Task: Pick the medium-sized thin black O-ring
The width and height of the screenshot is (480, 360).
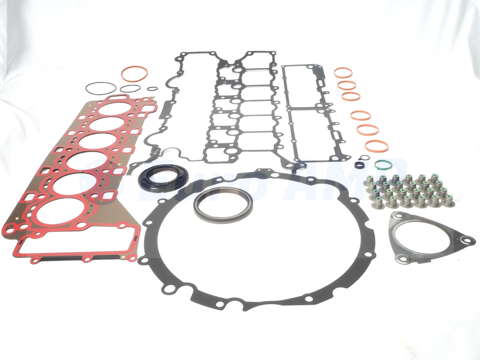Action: pyautogui.click(x=130, y=88)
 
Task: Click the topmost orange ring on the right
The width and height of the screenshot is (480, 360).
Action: pyautogui.click(x=343, y=72)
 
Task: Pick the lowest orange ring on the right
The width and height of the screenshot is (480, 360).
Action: pyautogui.click(x=376, y=145)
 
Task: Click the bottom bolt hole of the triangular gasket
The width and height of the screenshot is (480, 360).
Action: pyautogui.click(x=404, y=260)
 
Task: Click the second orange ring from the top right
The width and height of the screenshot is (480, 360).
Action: pyautogui.click(x=347, y=85)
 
